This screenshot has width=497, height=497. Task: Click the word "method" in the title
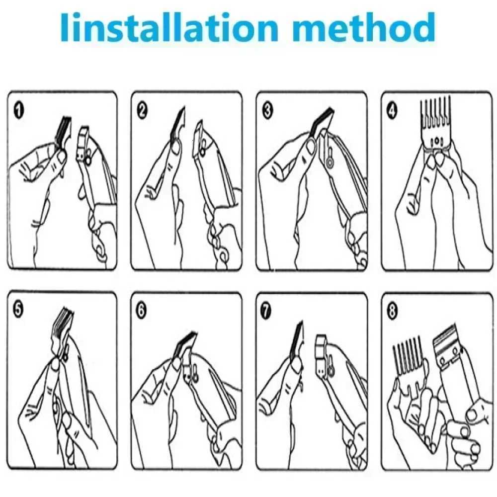point(364,27)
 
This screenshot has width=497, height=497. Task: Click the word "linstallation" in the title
point(169,27)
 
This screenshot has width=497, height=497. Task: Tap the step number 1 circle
point(19,111)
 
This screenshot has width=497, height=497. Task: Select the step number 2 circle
point(142,111)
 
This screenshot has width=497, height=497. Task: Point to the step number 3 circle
point(267,111)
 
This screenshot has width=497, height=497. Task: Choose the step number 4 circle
point(392,111)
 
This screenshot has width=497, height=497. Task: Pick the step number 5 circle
point(19,310)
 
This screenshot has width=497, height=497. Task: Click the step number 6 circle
point(141,310)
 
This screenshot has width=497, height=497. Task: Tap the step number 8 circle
point(393,310)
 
